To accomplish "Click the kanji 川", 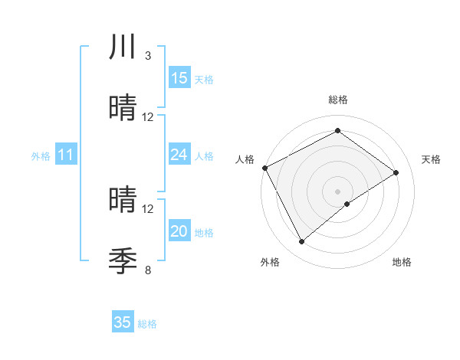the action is click(123, 47).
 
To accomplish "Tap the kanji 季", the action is click(123, 260).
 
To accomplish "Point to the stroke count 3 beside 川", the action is click(147, 56).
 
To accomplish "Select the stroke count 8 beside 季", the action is click(147, 270).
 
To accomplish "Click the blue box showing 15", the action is click(179, 78).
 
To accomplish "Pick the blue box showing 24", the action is click(179, 155).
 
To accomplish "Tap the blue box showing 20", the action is click(179, 231).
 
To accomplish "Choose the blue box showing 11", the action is click(66, 155).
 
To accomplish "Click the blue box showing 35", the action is click(123, 322).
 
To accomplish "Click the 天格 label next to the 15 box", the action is click(204, 80).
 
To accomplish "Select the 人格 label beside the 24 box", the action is click(204, 156).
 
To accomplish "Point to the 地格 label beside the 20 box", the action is click(204, 233).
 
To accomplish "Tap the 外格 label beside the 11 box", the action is click(41, 156).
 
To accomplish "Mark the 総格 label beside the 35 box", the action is click(147, 324).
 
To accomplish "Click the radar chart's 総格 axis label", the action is click(338, 100).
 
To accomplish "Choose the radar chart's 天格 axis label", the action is click(431, 159).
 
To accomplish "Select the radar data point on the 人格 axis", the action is click(264, 168).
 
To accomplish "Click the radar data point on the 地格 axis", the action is click(347, 204).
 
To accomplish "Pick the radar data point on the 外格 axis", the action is click(301, 242).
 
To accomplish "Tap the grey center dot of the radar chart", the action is click(338, 191).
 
